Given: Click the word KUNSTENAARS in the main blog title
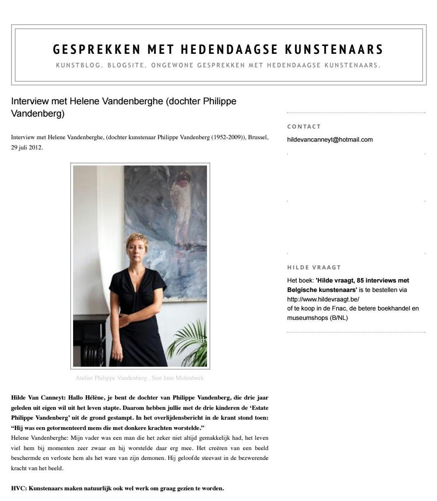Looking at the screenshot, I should pyautogui.click(x=334, y=49).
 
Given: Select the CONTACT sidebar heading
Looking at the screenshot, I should pyautogui.click(x=304, y=126).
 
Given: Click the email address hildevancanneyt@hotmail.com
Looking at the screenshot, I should pyautogui.click(x=330, y=140).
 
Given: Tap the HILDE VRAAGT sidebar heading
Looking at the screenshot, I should pyautogui.click(x=314, y=267).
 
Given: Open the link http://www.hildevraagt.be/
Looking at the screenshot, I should pyautogui.click(x=323, y=299).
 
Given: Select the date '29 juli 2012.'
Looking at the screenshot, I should pyautogui.click(x=27, y=147).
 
